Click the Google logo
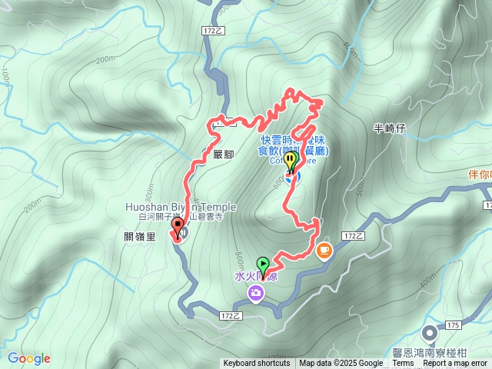[x=29, y=358]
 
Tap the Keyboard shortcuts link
[x=257, y=364]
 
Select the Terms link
[x=403, y=364]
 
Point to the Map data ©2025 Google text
[x=341, y=364]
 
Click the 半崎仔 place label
[x=389, y=128]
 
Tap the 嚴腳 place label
[x=224, y=153]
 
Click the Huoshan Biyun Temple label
[x=181, y=207]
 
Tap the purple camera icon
[x=254, y=292]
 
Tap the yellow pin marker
[x=291, y=162]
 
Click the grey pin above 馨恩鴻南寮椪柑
[x=428, y=333]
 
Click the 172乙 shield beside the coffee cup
[x=349, y=235]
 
